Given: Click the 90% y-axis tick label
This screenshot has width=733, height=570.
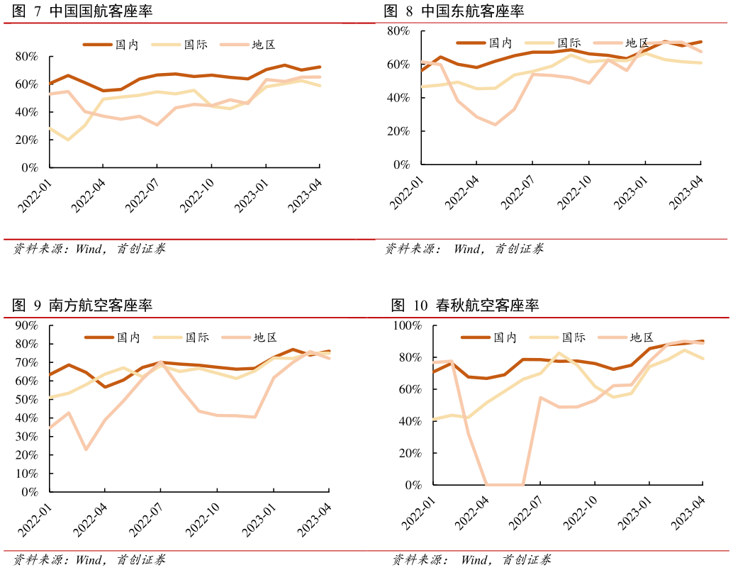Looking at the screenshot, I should (26, 325).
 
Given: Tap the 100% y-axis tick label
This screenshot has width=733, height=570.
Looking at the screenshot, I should (407, 325).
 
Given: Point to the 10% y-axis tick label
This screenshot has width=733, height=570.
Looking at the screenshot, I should (26, 473).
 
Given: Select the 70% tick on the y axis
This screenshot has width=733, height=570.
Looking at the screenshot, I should (26, 362).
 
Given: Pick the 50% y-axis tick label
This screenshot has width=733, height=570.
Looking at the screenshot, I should (26, 399).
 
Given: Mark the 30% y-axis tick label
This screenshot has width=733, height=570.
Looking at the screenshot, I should (26, 436).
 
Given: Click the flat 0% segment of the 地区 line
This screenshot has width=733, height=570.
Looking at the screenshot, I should (505, 485).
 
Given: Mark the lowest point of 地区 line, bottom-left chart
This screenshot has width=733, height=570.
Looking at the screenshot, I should (86, 449).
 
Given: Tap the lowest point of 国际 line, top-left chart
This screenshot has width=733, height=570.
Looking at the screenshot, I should (68, 140).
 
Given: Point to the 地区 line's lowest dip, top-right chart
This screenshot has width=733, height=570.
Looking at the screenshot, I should (495, 125).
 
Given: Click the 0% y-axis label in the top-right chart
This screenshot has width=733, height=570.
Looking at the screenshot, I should (401, 164).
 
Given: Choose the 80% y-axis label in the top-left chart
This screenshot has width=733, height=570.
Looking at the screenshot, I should (26, 56).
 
